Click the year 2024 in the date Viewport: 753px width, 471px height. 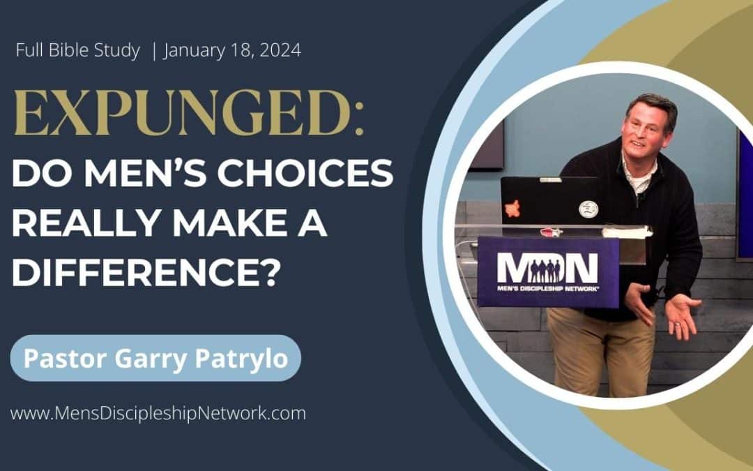[280, 50]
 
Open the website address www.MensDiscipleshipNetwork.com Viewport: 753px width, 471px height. [158, 413]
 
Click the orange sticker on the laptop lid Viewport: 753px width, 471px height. [512, 208]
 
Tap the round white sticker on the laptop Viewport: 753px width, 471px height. [588, 209]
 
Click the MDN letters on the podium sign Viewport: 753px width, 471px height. [547, 268]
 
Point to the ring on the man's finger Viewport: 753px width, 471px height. [678, 324]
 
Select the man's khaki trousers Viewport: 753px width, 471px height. [602, 348]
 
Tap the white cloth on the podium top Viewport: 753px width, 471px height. [627, 232]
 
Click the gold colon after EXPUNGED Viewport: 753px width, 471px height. [359, 119]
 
